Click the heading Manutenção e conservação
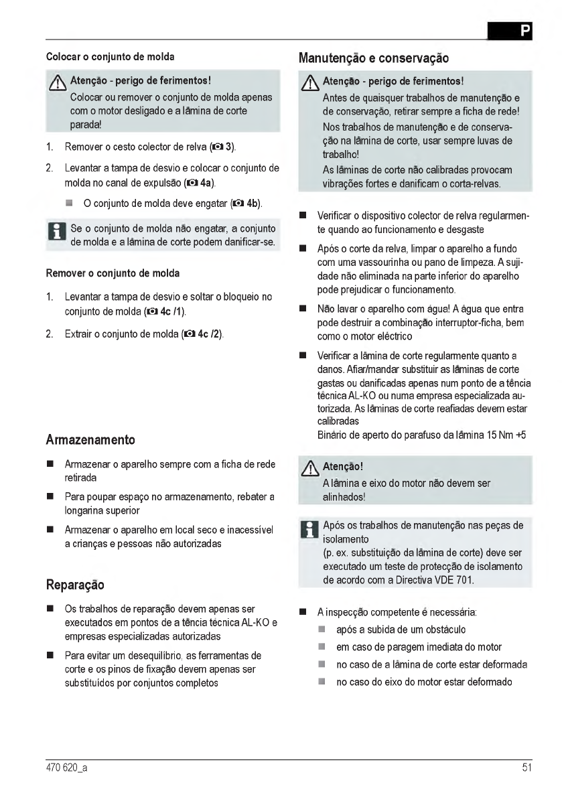pyautogui.click(x=373, y=58)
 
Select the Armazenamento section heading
pyautogui.click(x=90, y=440)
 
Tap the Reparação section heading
pyautogui.click(x=75, y=584)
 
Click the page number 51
pyautogui.click(x=526, y=768)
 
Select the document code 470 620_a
pyautogui.click(x=66, y=768)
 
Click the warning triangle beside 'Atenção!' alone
pyautogui.click(x=310, y=467)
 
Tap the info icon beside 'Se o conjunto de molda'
pyautogui.click(x=56, y=234)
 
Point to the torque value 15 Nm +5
pyautogui.click(x=503, y=435)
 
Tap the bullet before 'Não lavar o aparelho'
pyautogui.click(x=303, y=309)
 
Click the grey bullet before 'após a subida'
pyautogui.click(x=322, y=630)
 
